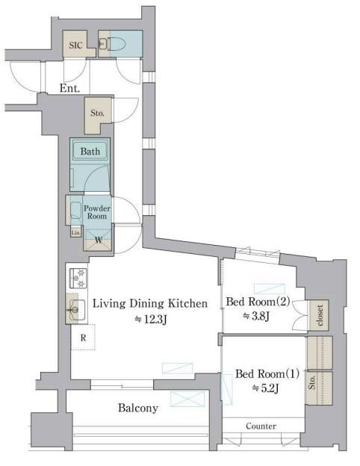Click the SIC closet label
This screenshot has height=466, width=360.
[75, 45]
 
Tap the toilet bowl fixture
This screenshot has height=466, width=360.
[117, 44]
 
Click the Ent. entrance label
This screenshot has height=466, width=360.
[70, 88]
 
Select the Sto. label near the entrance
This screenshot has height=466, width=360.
[98, 113]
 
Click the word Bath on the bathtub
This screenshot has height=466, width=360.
[90, 152]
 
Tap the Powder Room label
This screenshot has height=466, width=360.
[97, 212]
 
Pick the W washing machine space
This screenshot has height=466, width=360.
[99, 240]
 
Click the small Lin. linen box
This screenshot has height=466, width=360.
[76, 232]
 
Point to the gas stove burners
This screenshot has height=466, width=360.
[78, 278]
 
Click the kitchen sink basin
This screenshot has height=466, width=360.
[76, 310]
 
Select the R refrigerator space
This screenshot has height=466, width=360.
[83, 338]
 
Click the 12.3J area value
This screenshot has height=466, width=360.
[151, 319]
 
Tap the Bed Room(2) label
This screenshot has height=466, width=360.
[258, 302]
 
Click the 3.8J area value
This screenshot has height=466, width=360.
[256, 316]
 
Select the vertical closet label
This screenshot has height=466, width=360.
[320, 315]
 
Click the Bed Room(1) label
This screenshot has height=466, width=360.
[267, 373]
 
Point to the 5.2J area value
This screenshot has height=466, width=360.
[265, 388]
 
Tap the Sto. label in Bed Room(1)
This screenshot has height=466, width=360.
[311, 382]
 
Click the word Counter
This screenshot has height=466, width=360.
[261, 426]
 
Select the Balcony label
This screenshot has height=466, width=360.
[138, 408]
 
